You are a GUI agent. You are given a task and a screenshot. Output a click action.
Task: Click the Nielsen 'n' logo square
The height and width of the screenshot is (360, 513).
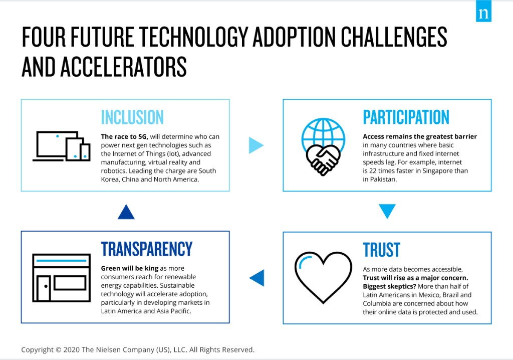coord(483,11)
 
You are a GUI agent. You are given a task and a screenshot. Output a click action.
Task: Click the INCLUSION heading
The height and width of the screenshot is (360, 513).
coord(132,117)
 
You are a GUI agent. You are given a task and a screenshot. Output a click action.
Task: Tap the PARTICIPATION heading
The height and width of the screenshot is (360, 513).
coord(406,117)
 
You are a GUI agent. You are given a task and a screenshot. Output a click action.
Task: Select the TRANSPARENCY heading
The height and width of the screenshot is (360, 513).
coord(147,249)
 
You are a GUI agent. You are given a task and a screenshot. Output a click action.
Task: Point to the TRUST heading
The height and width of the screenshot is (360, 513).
coord(381,250)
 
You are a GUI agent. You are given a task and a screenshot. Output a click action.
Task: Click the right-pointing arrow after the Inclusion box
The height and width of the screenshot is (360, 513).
coord(256,145)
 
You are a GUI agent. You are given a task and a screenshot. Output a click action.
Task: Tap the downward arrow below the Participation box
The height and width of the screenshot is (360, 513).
coord(387,211)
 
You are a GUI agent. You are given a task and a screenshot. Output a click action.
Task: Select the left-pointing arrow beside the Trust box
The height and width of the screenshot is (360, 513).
coord(257,278)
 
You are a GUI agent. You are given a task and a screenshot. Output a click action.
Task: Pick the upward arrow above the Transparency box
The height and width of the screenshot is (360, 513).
coord(126,212)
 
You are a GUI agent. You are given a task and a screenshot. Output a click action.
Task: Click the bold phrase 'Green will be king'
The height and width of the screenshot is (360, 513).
coord(130,268)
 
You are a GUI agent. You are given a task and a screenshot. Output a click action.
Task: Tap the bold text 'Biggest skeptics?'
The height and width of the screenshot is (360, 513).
coord(389,286)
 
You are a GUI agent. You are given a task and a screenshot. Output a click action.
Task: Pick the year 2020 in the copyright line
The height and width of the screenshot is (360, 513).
coord(71,350)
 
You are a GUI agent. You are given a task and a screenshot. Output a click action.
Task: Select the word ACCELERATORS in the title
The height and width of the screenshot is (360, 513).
coord(123,67)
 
